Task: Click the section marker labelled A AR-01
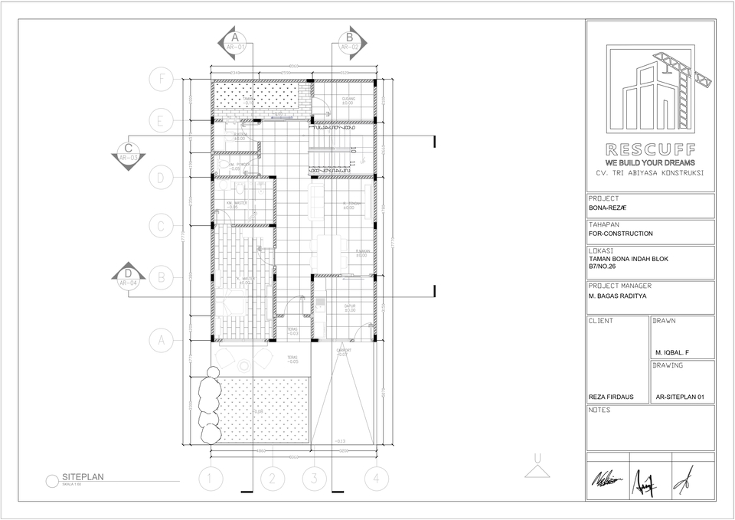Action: pos(235,41)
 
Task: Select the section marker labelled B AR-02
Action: pos(350,41)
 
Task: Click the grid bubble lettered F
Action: pos(161,78)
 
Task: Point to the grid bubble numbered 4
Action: pos(375,480)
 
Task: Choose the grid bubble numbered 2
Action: pos(271,480)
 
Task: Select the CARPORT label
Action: pos(343,352)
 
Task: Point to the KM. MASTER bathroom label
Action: pos(235,204)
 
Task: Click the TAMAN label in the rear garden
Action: pos(249,100)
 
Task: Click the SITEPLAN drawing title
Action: pos(83,476)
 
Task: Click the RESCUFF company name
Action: pos(650,149)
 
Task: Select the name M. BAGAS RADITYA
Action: pos(619,296)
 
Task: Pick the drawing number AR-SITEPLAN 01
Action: pos(681,397)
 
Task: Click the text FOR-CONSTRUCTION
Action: pos(621,234)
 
